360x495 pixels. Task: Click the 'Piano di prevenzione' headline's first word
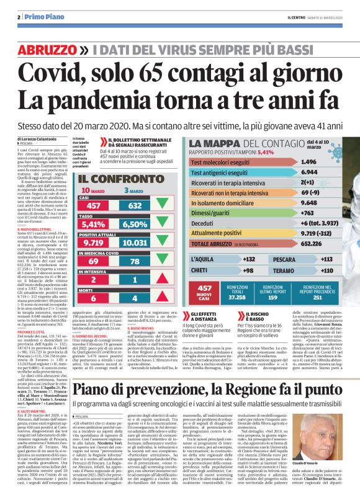(x=99, y=373)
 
